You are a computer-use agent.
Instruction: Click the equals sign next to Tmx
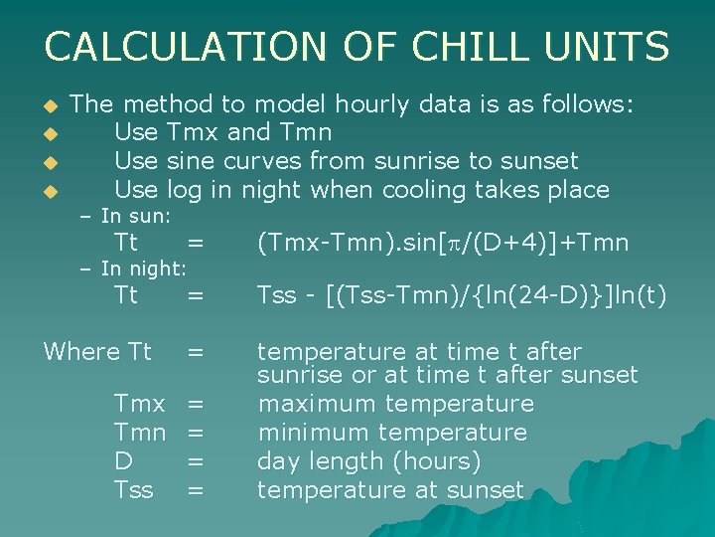point(196,404)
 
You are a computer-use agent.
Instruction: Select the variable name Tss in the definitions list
point(134,490)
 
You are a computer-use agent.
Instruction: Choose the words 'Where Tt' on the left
point(97,352)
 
